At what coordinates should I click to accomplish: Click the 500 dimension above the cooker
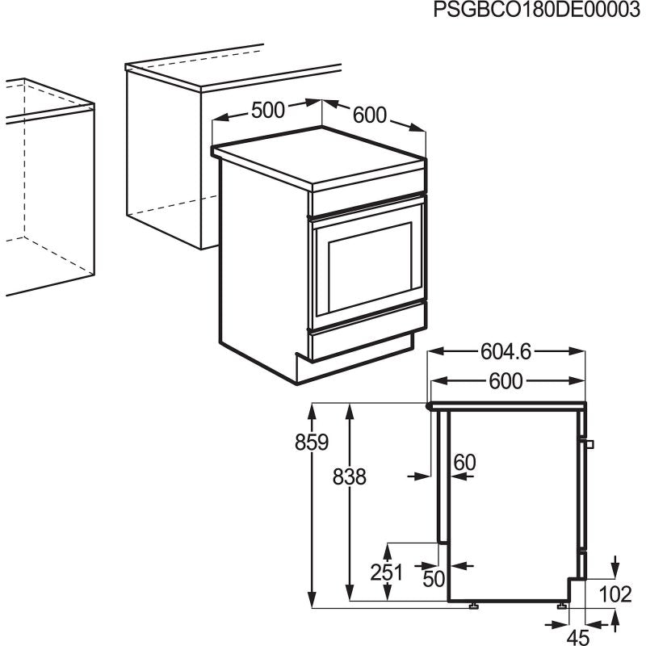click(x=267, y=110)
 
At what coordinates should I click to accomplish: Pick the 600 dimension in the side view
click(x=505, y=381)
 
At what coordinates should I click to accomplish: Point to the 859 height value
click(x=312, y=443)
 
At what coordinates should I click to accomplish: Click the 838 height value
click(x=349, y=477)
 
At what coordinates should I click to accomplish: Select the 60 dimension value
click(x=464, y=463)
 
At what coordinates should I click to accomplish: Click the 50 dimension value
click(x=434, y=578)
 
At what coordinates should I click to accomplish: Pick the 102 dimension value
click(x=615, y=594)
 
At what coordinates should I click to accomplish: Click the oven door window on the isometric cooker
click(x=367, y=267)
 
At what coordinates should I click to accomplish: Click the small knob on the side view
click(x=591, y=444)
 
